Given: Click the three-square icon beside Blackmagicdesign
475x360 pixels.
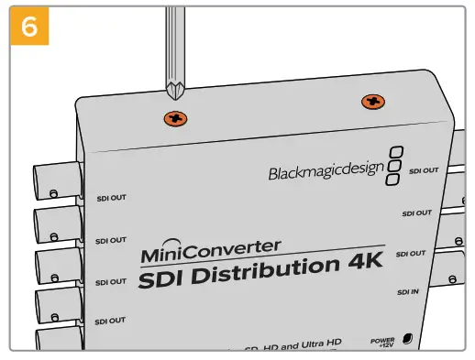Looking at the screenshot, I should [394, 166].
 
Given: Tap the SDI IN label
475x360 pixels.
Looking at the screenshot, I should [408, 292].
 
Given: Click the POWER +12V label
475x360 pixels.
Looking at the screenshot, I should [382, 342].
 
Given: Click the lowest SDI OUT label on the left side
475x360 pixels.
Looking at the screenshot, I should [110, 322].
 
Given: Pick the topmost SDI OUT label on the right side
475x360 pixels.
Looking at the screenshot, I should [424, 170].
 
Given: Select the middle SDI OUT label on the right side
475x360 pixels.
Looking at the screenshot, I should [418, 213].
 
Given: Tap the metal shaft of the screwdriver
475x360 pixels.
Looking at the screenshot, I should [172, 46].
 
